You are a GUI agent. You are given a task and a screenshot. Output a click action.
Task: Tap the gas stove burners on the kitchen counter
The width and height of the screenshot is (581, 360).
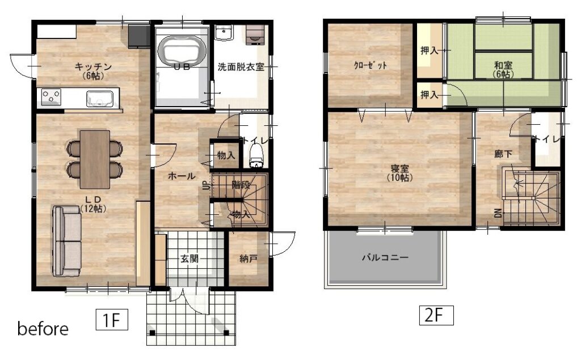[50, 96]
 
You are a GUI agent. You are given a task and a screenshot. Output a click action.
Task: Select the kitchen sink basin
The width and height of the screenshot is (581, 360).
[100, 98]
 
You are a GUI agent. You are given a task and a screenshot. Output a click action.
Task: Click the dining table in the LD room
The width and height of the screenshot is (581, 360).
[95, 159]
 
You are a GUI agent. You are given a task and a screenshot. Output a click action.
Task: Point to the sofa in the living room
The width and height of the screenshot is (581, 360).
[67, 241]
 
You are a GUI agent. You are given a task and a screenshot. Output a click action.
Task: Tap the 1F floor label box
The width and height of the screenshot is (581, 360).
[112, 319]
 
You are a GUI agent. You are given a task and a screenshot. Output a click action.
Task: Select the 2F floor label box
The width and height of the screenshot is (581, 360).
[436, 315]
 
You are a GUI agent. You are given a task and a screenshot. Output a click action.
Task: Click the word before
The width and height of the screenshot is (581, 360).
[43, 328]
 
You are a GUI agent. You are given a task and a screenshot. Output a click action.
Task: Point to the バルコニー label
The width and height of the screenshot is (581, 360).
[385, 257]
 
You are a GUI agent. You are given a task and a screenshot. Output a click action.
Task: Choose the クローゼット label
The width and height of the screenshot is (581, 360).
[370, 66]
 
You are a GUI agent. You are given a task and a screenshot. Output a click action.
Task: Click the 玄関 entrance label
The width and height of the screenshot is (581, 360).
[190, 258]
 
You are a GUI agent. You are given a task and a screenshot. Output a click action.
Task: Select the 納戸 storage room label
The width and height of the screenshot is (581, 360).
[249, 259]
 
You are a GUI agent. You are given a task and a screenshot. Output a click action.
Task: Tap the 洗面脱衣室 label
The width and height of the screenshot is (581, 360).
[241, 67]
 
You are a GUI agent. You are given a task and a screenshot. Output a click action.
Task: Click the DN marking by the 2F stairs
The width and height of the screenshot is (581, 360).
[498, 213]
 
